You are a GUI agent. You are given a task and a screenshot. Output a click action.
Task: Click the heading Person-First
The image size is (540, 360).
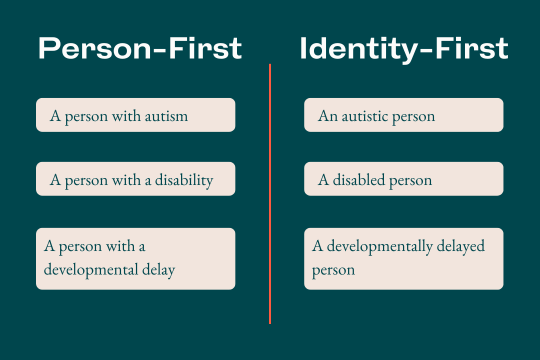point(140,48)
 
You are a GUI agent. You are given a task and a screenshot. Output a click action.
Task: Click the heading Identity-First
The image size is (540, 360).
point(404,49)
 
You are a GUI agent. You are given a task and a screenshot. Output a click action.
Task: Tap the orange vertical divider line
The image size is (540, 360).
point(270,193)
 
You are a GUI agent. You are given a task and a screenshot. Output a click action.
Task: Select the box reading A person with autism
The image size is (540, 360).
point(135,114)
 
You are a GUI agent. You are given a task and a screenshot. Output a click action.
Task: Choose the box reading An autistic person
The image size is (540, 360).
point(403,114)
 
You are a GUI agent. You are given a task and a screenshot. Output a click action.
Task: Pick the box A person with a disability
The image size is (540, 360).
point(135,179)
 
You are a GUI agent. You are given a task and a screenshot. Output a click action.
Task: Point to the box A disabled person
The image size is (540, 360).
point(403,179)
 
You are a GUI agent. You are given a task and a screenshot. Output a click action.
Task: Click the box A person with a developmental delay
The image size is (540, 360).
point(135,258)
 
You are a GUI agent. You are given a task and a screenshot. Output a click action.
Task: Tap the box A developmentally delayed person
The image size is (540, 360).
point(403,258)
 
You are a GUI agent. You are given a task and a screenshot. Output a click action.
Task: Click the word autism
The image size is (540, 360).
point(166,116)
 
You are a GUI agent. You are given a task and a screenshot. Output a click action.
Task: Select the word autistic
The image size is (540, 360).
point(364,116)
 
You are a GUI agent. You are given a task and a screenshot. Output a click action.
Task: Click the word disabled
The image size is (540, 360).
point(359,180)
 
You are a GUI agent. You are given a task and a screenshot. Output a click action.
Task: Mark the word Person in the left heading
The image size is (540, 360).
point(94,48)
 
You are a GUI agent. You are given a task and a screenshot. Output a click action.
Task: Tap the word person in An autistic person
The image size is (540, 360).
point(413,117)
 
